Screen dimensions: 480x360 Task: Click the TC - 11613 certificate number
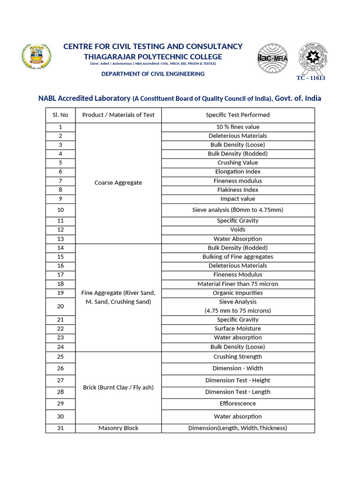[310, 78]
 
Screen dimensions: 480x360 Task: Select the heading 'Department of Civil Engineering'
[153, 74]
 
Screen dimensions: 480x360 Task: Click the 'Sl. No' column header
[60, 115]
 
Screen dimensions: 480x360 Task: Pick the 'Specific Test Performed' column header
[238, 115]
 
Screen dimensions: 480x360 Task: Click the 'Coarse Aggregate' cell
[118, 183]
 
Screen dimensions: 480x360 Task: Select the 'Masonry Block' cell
[118, 428]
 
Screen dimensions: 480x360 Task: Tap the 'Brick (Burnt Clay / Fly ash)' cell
[118, 388]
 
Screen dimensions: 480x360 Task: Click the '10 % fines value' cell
[238, 127]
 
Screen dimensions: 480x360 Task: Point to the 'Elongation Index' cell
[238, 172]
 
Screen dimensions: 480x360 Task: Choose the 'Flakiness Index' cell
[238, 190]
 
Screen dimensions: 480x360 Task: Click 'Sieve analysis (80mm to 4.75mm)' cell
[238, 210]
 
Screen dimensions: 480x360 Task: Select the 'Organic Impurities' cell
[238, 293]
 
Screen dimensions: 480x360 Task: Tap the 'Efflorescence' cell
[238, 404]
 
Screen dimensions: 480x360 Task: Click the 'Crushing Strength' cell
[238, 357]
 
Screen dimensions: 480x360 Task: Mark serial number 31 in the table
[60, 428]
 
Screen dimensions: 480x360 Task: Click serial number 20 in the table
[60, 306]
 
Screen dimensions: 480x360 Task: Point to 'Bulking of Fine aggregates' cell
[238, 257]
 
